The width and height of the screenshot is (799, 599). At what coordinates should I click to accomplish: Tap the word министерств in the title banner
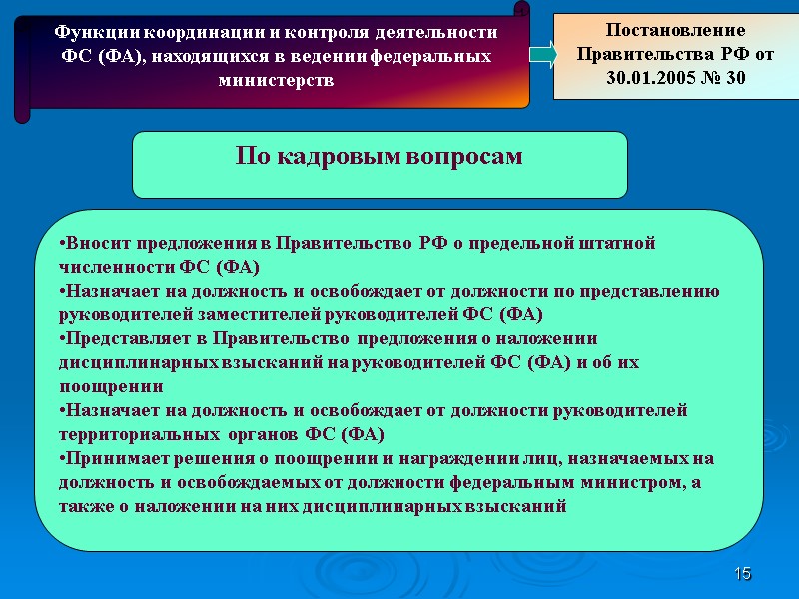[275, 80]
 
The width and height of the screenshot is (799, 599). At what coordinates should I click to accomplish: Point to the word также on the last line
[84, 506]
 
